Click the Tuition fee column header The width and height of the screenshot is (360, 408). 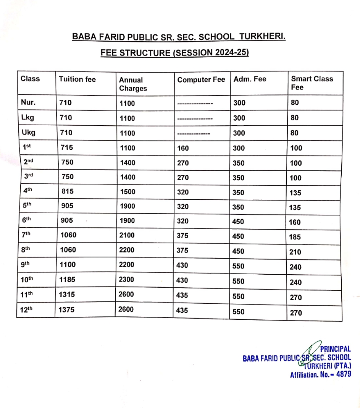click(x=77, y=79)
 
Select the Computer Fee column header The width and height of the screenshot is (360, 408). click(x=201, y=80)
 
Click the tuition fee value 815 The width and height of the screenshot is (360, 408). click(x=68, y=191)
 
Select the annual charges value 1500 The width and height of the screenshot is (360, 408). click(x=127, y=192)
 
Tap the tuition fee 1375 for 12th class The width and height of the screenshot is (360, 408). click(x=67, y=310)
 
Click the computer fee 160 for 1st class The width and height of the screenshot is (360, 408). click(x=183, y=148)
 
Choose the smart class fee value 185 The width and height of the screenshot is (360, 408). click(x=295, y=237)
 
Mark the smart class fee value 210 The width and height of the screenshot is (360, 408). click(x=295, y=252)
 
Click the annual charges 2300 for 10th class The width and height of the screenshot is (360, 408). click(x=127, y=280)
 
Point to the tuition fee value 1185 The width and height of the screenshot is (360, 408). click(x=68, y=280)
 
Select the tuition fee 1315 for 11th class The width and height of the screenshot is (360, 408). click(x=67, y=295)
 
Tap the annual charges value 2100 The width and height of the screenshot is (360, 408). click(x=127, y=235)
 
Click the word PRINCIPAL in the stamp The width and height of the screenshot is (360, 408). click(x=335, y=349)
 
